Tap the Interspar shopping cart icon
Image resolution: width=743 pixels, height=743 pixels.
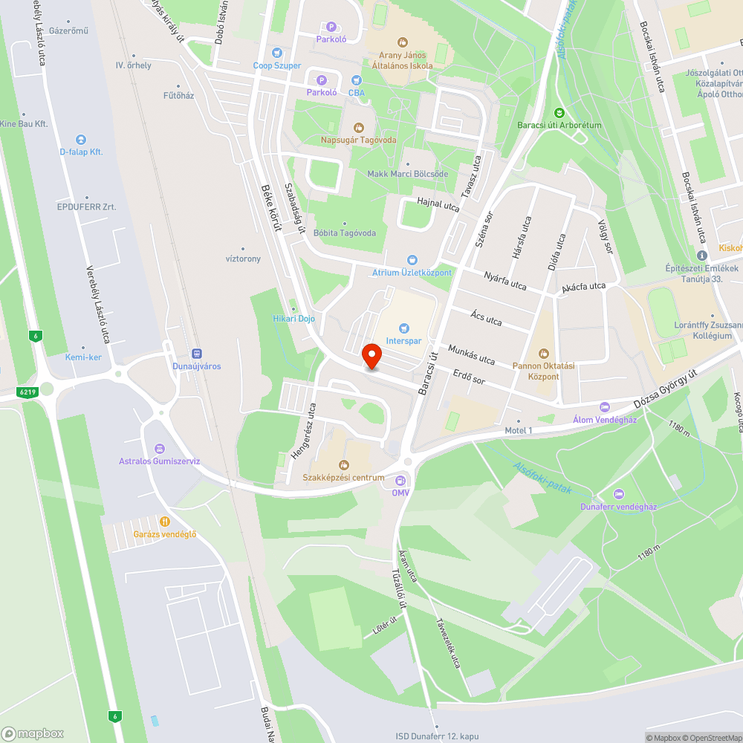[x=404, y=328]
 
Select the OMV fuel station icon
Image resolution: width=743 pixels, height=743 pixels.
[x=401, y=480]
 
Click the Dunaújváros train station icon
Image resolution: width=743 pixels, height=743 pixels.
[x=197, y=354]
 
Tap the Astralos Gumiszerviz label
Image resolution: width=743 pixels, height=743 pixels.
[x=159, y=461]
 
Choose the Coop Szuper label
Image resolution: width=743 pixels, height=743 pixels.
[x=277, y=65]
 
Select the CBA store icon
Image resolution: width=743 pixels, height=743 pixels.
[x=357, y=80]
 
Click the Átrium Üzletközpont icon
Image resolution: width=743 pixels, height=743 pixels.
[x=412, y=260]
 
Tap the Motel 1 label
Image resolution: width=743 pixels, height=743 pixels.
[x=519, y=431]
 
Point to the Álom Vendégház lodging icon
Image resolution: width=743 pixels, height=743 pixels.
[x=604, y=406]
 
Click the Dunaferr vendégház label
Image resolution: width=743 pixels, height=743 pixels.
[x=618, y=507]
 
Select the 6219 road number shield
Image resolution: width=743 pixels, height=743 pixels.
[x=28, y=391]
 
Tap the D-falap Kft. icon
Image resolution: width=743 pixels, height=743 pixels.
[x=81, y=139]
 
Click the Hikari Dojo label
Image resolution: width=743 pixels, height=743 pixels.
[x=294, y=319]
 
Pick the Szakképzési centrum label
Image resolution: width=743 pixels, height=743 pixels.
[x=343, y=478]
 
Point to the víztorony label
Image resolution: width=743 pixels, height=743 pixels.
[x=242, y=259]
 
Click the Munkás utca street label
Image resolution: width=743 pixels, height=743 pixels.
[x=471, y=354]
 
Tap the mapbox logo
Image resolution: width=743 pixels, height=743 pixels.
[x=33, y=733]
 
